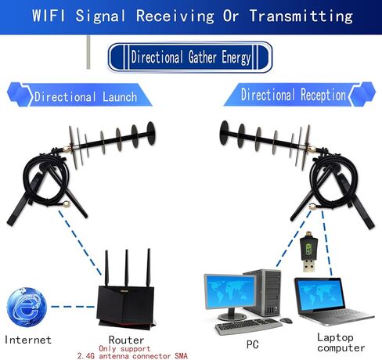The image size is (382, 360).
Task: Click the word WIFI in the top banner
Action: pos(49,16)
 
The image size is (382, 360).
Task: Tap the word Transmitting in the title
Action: pos(301,16)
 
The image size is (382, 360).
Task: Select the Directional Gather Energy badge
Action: pos(190,57)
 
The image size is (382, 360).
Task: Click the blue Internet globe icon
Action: pos(27,306)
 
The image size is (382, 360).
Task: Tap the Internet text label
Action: pos(28,340)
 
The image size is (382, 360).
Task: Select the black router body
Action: pos(126,306)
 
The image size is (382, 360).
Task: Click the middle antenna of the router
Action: pos(127,268)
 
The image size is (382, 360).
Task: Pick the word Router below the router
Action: pos(126,340)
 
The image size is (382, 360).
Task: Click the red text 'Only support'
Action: pos(124,349)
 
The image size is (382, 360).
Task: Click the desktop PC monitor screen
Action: pos(230,291)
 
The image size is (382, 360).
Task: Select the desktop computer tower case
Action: pos(264,293)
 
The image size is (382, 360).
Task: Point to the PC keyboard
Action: pos(248,326)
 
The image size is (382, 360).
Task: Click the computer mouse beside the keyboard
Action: pos(286,321)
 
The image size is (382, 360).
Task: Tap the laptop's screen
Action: pos(320,294)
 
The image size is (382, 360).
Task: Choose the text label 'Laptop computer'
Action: pos(341,343)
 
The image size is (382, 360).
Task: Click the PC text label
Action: pos(252,344)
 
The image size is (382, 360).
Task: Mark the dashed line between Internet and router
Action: pos(73,307)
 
